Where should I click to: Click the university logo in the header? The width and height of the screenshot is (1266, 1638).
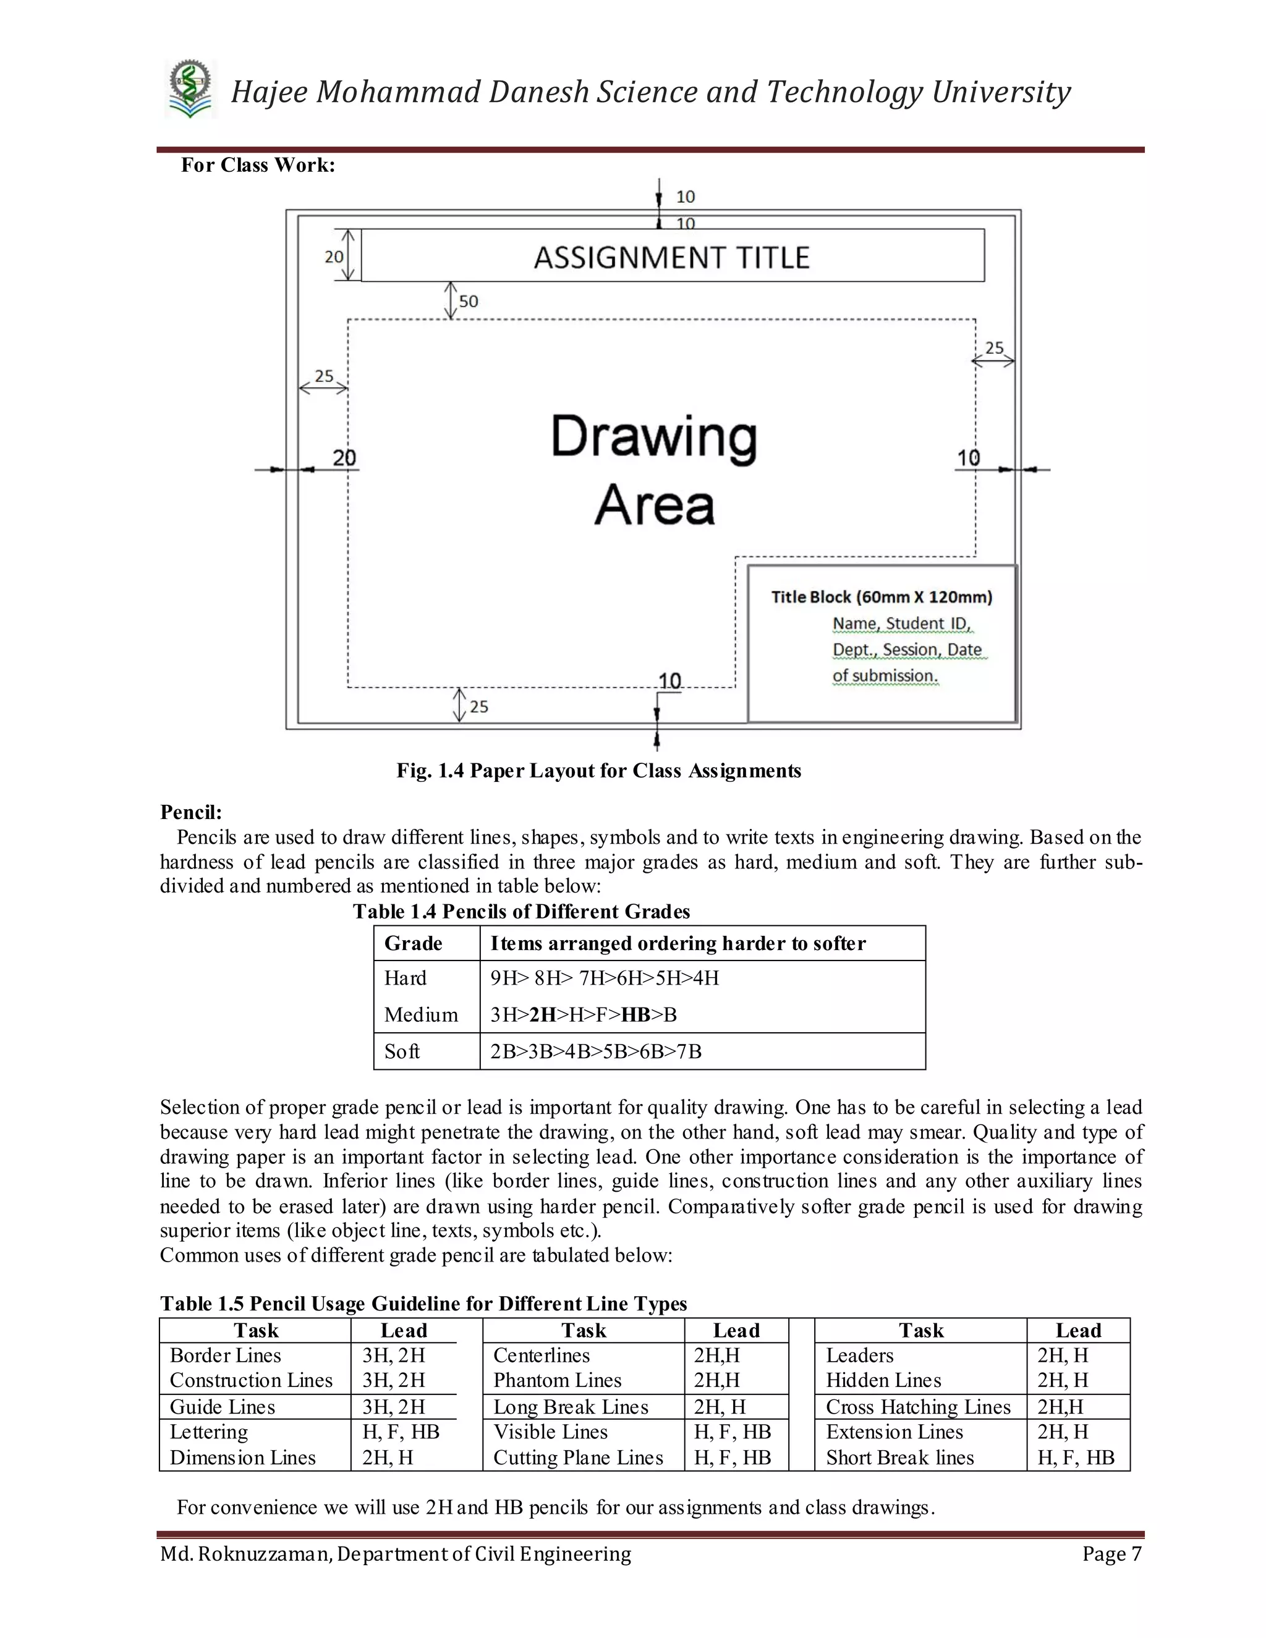190,90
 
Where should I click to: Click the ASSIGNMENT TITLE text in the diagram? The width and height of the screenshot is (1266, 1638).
671,258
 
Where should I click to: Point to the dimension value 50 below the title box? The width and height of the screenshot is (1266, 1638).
469,302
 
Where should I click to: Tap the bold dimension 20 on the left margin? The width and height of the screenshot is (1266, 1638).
344,457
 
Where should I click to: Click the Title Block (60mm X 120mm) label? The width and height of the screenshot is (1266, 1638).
882,597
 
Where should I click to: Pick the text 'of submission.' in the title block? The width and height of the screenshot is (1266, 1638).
885,676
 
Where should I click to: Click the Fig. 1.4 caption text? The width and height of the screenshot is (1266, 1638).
598,771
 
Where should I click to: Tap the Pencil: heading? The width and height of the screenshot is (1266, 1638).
191,812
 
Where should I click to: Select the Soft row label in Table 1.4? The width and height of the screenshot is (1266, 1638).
402,1051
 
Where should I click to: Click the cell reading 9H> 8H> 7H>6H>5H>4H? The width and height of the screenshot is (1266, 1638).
605,978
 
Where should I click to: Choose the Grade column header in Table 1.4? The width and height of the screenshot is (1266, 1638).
414,943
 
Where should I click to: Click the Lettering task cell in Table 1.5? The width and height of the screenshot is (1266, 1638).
208,1432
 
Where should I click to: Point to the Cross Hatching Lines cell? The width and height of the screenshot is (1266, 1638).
918,1407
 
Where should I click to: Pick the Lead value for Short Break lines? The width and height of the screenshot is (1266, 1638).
1076,1458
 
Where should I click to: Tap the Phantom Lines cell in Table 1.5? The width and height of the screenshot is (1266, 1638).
557,1380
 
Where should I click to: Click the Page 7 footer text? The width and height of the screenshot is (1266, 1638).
1111,1554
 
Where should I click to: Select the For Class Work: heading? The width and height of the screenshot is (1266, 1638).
258,165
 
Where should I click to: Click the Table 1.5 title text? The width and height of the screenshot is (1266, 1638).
423,1304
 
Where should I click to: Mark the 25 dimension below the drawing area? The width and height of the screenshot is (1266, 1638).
478,707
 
